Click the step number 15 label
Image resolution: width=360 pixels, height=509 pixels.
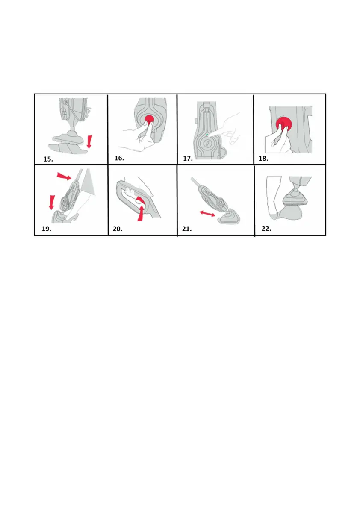[x=48, y=159]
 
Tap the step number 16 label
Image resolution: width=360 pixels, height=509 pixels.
[x=119, y=158]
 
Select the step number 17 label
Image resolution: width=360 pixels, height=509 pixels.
[x=188, y=159]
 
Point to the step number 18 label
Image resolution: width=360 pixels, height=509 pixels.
[x=263, y=159]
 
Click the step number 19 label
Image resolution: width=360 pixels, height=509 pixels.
[x=46, y=229]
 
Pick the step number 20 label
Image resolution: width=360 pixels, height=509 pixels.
[x=117, y=229]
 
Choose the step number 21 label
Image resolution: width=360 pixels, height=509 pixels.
[x=187, y=229]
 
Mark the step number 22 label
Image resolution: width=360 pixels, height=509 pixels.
[x=266, y=229]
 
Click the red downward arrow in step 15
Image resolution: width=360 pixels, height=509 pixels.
[x=89, y=142]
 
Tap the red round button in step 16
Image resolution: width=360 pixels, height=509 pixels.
[x=149, y=120]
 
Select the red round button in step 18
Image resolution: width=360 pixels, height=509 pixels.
[x=284, y=124]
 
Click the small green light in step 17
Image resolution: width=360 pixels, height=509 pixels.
[x=207, y=135]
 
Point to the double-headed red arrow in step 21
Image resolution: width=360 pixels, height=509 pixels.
[x=207, y=213]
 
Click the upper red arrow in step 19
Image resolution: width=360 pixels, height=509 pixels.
[x=64, y=176]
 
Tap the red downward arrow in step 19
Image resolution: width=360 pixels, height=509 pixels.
[x=51, y=202]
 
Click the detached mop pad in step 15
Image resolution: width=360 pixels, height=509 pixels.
[x=68, y=148]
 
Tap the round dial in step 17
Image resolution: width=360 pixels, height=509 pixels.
[x=207, y=144]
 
